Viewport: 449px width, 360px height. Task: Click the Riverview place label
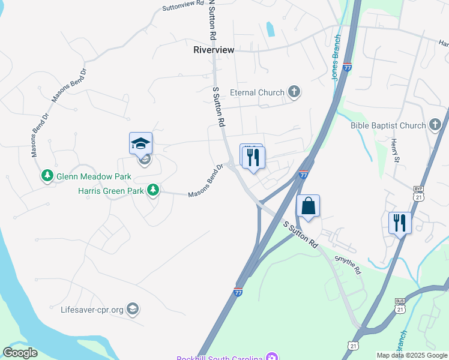[213, 50]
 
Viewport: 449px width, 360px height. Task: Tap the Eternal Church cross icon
[294, 92]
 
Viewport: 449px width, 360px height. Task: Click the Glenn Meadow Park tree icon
[47, 176]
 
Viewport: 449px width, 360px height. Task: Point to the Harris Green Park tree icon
[154, 190]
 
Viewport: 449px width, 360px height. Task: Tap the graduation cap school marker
[140, 143]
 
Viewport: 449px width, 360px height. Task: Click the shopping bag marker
[308, 206]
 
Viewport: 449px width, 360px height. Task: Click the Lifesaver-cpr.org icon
[132, 310]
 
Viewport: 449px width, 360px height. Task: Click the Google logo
[20, 353]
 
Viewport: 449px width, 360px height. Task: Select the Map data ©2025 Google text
[412, 355]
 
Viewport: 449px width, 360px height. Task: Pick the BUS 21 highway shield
[400, 305]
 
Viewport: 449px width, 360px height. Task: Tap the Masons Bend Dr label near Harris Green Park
[205, 181]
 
